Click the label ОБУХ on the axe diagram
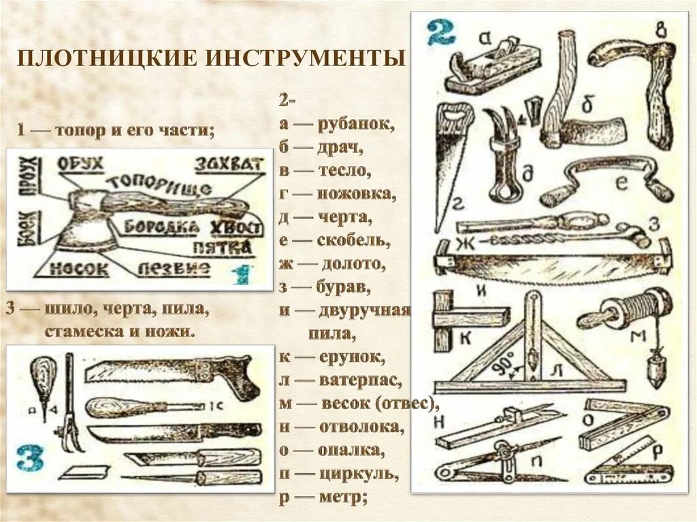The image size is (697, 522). (80, 164)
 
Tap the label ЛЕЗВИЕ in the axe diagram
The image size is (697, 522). (174, 269)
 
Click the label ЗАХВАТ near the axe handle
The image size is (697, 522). (229, 164)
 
